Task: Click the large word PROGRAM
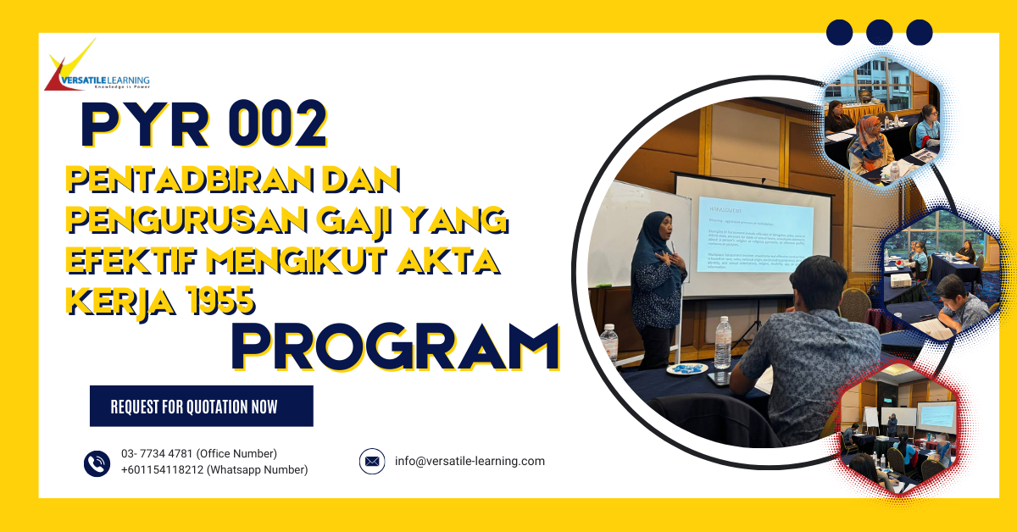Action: point(396,346)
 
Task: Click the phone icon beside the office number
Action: point(97,463)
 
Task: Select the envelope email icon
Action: point(371,462)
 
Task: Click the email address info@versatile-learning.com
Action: point(470,462)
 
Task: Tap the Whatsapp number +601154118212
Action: point(214,470)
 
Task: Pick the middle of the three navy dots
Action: point(880,32)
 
